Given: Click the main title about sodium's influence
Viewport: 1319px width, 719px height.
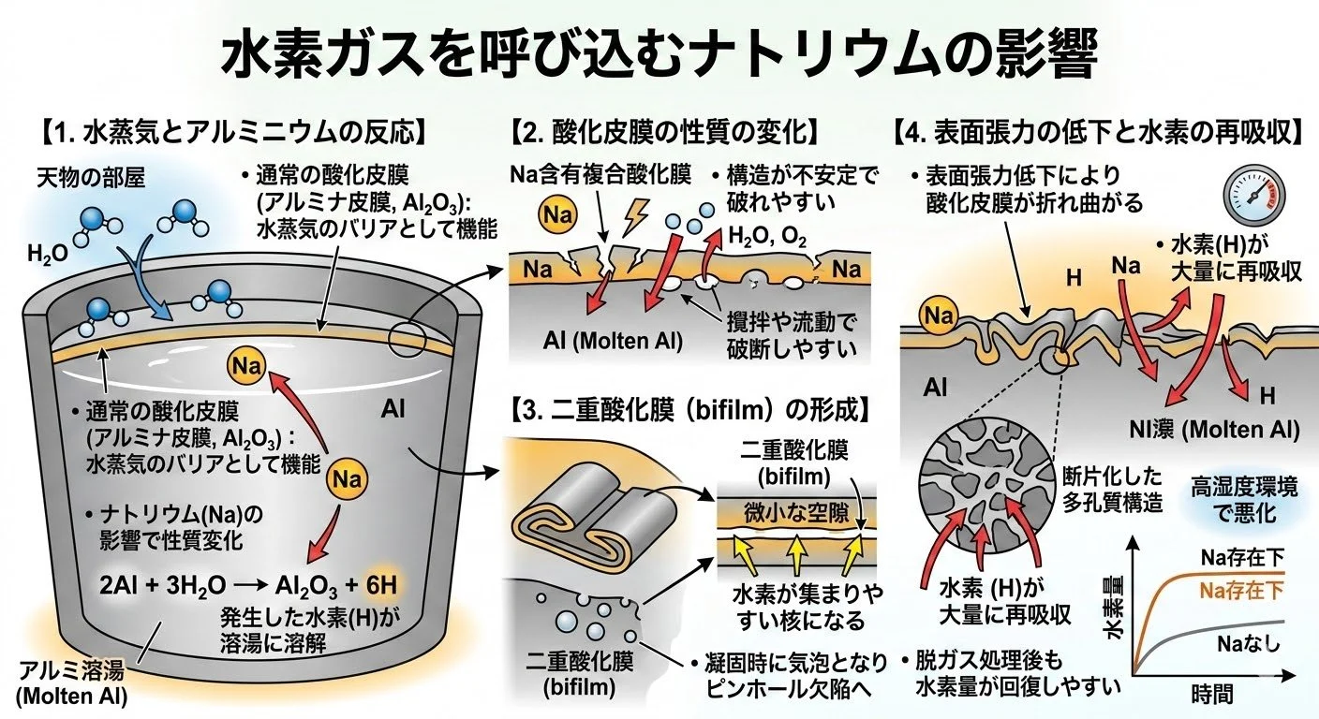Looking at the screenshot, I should (x=659, y=58).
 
